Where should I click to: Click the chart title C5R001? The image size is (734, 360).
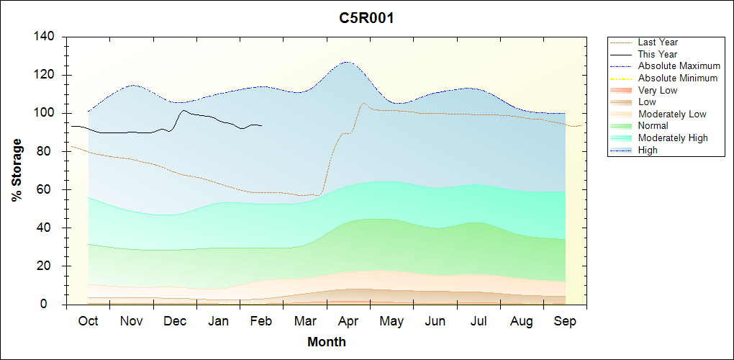[x=366, y=18]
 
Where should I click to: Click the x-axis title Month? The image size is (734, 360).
[x=327, y=342]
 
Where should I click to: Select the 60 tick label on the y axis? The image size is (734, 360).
[x=47, y=190]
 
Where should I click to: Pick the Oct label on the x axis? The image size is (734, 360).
[x=88, y=321]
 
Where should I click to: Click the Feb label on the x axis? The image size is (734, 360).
[x=261, y=321]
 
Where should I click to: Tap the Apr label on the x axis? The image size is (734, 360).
[x=348, y=321]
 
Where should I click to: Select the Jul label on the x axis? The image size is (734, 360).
[x=479, y=321]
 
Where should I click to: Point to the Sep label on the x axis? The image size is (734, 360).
[x=565, y=321]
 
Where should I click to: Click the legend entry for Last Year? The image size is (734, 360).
[x=658, y=42]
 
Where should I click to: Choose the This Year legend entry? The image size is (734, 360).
[x=658, y=54]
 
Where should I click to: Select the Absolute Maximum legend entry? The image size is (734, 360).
[x=679, y=66]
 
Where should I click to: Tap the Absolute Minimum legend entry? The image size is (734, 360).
[x=678, y=78]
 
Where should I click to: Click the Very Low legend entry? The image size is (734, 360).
[x=658, y=90]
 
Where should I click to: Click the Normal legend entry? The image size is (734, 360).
[x=653, y=126]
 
